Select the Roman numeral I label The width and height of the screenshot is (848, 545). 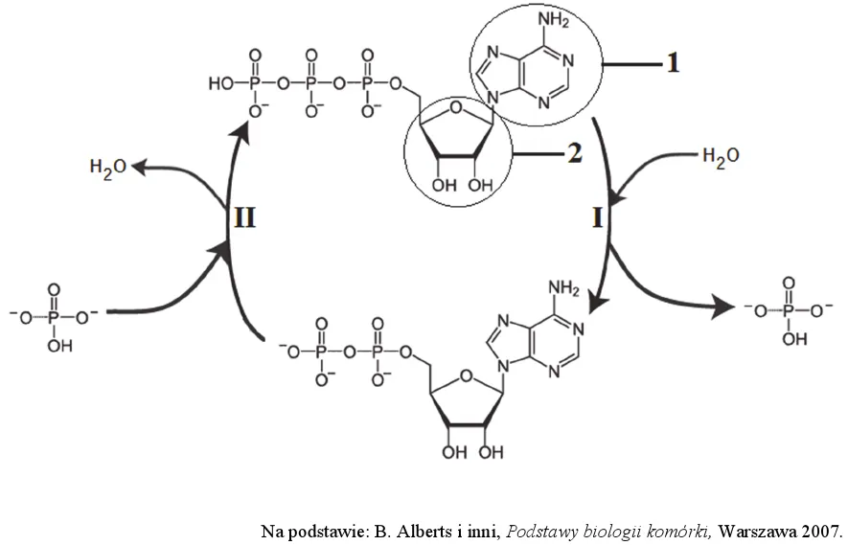(596, 220)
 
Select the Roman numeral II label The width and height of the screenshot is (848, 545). (244, 220)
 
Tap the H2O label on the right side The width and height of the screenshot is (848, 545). (721, 156)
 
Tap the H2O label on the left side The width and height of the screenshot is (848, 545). (107, 169)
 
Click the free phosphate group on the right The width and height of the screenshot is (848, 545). (788, 309)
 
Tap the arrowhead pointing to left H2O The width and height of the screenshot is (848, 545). (138, 168)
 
